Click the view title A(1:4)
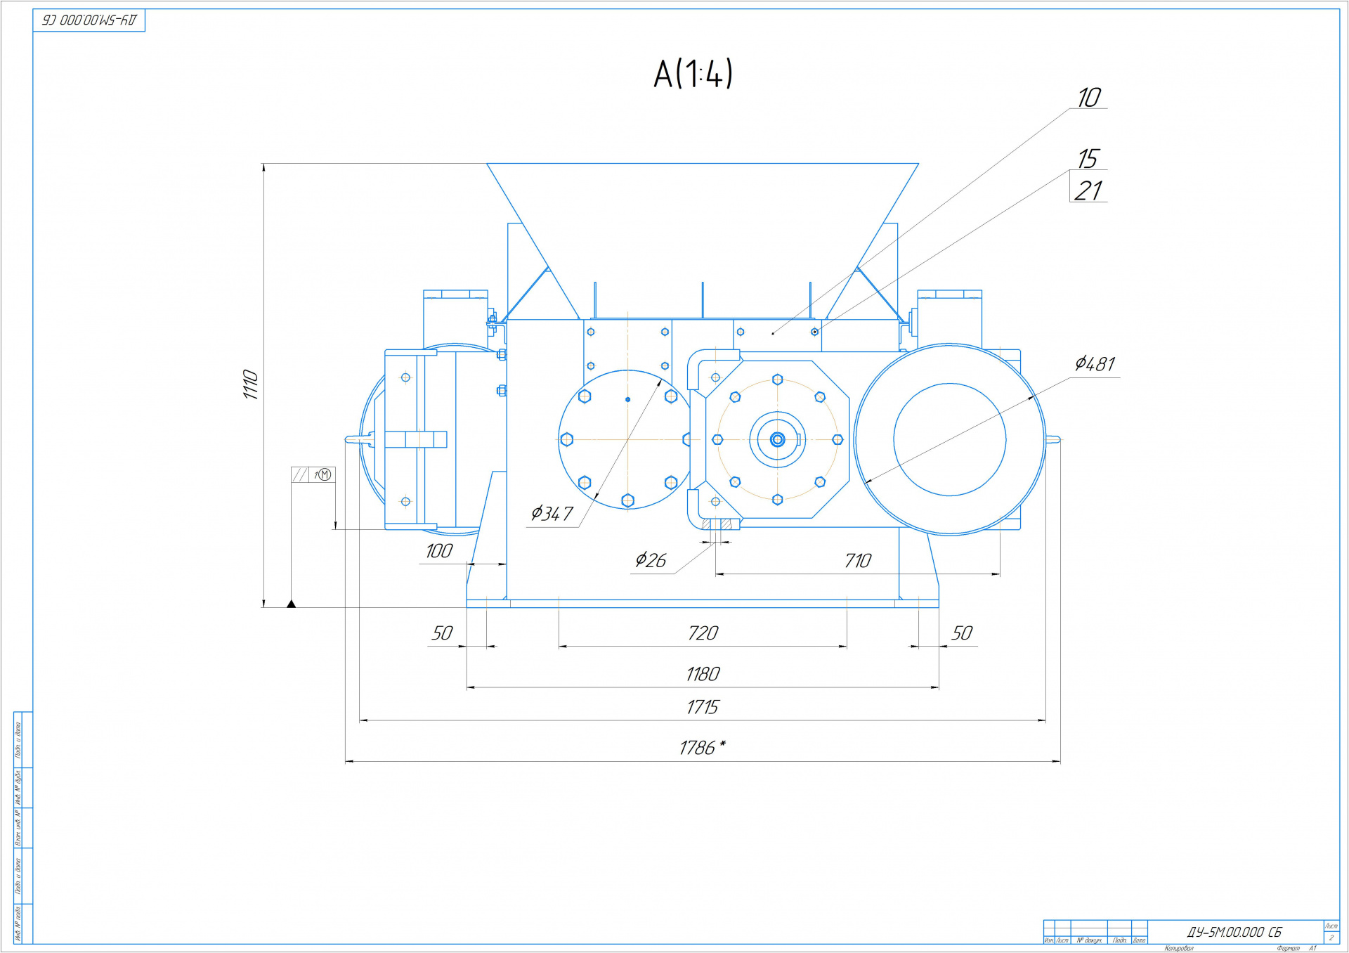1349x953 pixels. pyautogui.click(x=693, y=74)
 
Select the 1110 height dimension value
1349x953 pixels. pyautogui.click(x=251, y=384)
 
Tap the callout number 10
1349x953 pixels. pyautogui.click(x=1089, y=98)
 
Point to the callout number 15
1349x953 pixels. pyautogui.click(x=1088, y=159)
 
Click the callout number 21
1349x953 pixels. pyautogui.click(x=1088, y=190)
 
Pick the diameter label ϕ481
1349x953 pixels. pyautogui.click(x=1095, y=364)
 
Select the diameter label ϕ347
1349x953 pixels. pyautogui.click(x=552, y=514)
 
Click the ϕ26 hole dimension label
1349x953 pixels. pyautogui.click(x=651, y=560)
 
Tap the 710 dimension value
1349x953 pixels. pyautogui.click(x=858, y=561)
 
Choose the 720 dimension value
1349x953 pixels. pyautogui.click(x=703, y=633)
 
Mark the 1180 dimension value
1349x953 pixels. pyautogui.click(x=703, y=674)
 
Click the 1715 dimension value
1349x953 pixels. pyautogui.click(x=703, y=707)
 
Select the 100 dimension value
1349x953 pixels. pyautogui.click(x=439, y=551)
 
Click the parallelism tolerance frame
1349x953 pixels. pyautogui.click(x=313, y=475)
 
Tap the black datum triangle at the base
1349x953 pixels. pyautogui.click(x=291, y=604)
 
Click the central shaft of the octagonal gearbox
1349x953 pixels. pyautogui.click(x=777, y=440)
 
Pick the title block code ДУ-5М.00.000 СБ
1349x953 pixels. pyautogui.click(x=1234, y=932)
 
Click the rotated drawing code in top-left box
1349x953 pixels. pyautogui.click(x=89, y=20)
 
